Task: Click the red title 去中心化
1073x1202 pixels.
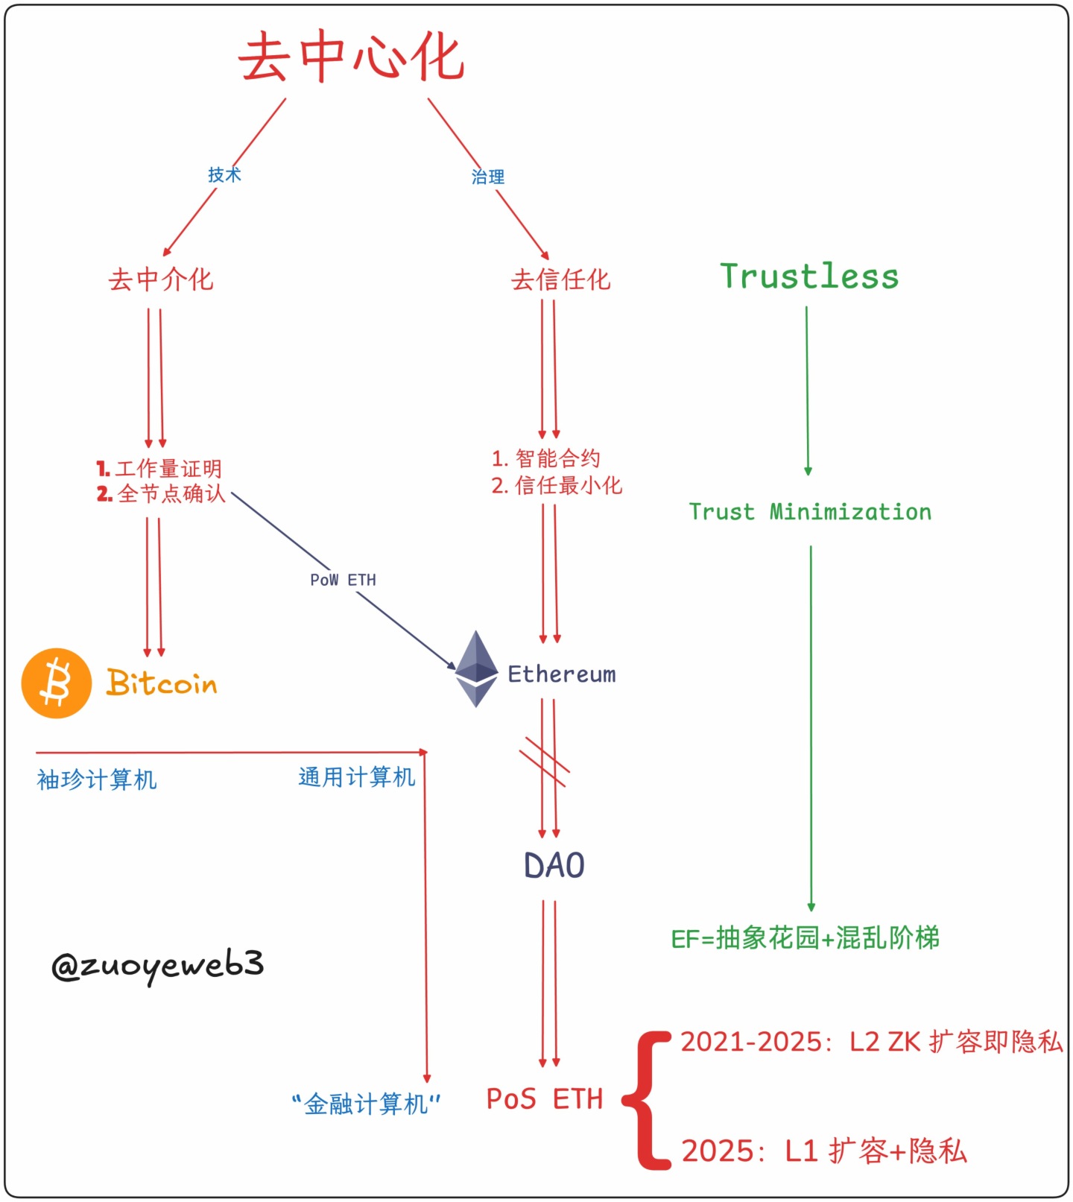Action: [x=352, y=57]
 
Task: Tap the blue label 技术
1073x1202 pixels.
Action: [x=224, y=175]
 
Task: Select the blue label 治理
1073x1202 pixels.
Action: [x=488, y=177]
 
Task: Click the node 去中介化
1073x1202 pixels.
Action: [x=161, y=280]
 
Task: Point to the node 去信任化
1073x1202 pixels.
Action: [x=560, y=280]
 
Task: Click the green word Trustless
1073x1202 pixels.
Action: [x=809, y=276]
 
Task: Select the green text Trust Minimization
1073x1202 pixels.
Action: [x=810, y=512]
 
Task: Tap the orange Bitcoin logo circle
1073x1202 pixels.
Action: [x=57, y=683]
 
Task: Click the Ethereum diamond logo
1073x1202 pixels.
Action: [x=476, y=668]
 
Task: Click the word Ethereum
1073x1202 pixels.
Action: [x=562, y=674]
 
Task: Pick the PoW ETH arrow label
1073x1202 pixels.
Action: [x=343, y=580]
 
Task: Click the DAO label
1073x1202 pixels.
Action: [x=554, y=866]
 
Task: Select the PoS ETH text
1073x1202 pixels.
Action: [x=544, y=1099]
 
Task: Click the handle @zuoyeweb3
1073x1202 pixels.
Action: [x=157, y=965]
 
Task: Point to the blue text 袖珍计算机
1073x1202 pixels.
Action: [x=97, y=780]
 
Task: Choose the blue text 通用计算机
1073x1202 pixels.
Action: [x=356, y=777]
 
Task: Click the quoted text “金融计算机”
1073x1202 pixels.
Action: [x=366, y=1104]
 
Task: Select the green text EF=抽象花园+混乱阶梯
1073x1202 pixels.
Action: [x=805, y=938]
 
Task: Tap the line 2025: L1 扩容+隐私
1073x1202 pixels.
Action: [x=824, y=1151]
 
